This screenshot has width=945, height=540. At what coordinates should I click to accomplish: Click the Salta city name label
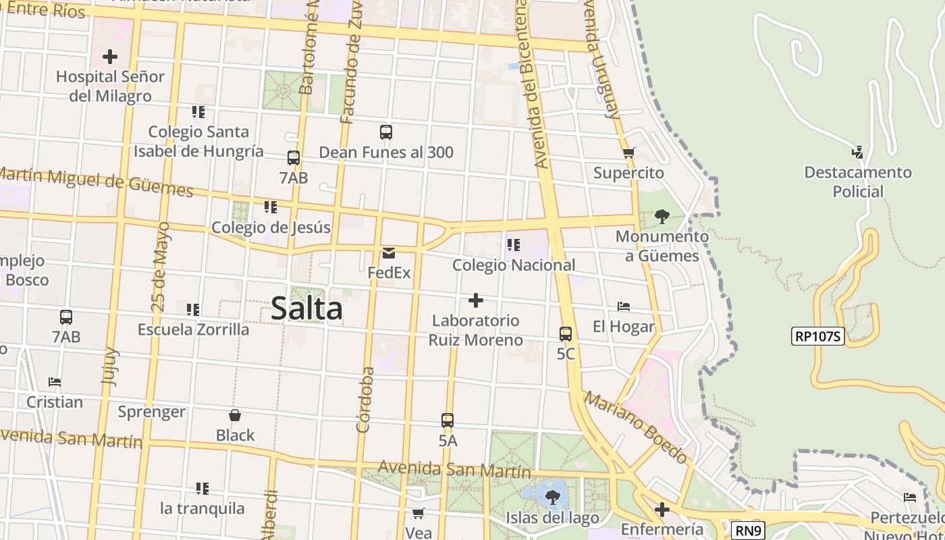click(306, 309)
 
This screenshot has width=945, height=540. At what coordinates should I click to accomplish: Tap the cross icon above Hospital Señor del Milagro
click(110, 57)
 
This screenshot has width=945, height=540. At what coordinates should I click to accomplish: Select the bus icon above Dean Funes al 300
click(386, 132)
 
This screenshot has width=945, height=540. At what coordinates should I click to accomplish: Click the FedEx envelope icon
click(389, 253)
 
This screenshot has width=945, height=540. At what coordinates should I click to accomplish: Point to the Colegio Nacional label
click(514, 265)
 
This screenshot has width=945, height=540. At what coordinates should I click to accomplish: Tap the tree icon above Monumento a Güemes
click(662, 217)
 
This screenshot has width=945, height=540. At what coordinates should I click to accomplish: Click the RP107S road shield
click(817, 336)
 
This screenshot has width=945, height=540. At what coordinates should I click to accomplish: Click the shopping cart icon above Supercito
click(629, 153)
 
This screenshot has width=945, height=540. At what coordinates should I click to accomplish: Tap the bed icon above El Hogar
click(624, 306)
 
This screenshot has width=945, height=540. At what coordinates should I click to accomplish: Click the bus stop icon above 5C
click(566, 333)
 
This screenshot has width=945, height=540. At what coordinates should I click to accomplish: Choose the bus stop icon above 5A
click(448, 420)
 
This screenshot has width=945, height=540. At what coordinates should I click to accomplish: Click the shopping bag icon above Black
click(235, 415)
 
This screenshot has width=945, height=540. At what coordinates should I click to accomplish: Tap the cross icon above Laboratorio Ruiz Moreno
click(476, 300)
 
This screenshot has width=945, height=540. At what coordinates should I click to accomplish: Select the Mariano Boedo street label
click(637, 427)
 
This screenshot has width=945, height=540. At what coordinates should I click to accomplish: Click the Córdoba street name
click(365, 400)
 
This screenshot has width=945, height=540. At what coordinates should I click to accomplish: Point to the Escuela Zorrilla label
click(193, 329)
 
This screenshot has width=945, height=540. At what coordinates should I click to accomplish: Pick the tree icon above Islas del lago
click(553, 498)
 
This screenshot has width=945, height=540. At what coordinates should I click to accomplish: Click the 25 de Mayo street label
click(161, 267)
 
